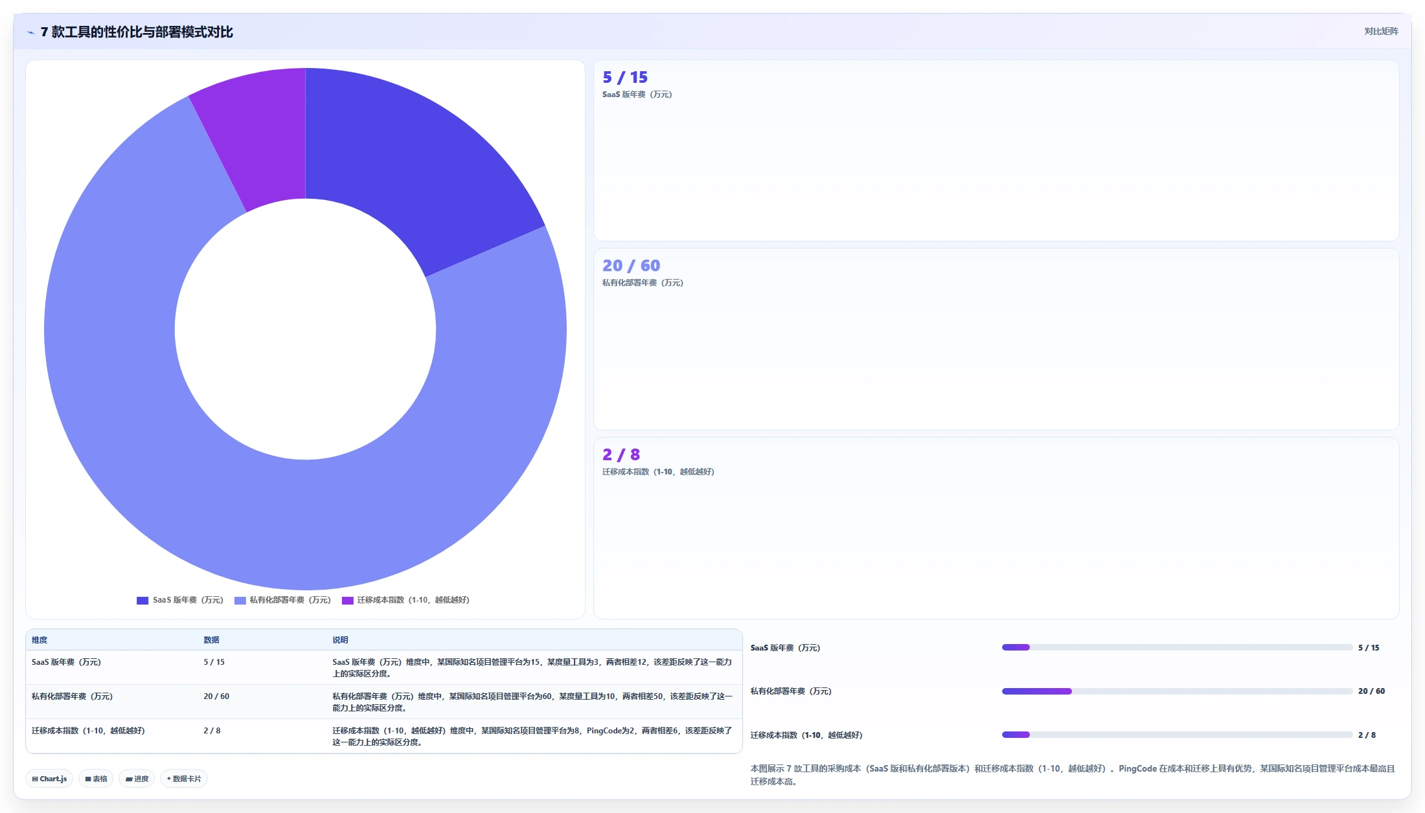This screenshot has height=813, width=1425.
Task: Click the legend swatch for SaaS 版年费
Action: [142, 601]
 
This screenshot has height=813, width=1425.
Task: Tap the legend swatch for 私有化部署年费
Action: [240, 601]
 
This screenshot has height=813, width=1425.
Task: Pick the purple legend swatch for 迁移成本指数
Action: [347, 601]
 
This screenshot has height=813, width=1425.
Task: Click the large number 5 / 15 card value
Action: [625, 78]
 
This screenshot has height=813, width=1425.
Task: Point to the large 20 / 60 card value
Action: [631, 266]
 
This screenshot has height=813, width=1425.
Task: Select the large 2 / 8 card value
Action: [621, 455]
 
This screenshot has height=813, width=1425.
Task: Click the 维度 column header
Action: [40, 640]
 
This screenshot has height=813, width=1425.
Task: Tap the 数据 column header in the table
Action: [211, 640]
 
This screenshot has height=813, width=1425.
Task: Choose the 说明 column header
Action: [340, 640]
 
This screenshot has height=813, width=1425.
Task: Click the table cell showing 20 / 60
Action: [216, 696]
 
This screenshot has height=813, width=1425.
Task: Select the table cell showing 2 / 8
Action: [212, 731]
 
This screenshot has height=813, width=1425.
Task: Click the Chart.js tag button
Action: [50, 779]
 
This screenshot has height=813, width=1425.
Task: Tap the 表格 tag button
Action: [96, 779]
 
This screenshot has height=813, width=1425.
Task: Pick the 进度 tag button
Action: [137, 779]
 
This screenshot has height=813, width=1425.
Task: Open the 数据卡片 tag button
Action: [184, 779]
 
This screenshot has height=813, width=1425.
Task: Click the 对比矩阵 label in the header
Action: [1381, 31]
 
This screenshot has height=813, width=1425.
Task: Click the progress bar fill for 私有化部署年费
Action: [1037, 691]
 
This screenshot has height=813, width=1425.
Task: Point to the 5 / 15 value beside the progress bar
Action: [1369, 648]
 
